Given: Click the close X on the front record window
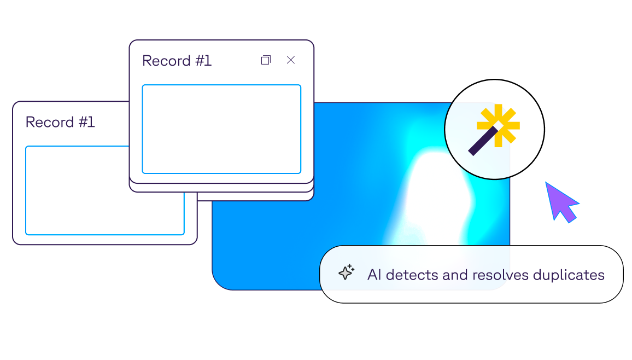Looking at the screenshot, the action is pos(291,60).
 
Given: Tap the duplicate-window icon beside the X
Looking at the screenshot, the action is pos(266,60).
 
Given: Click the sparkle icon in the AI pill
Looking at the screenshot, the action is pos(346,272).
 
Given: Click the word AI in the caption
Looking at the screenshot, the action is pos(374,275).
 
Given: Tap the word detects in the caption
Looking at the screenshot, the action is pos(412,275).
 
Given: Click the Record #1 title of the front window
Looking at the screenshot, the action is pos(177,61).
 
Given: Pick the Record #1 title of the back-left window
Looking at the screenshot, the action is pos(60,122).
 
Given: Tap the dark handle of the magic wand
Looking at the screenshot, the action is pos(480,143).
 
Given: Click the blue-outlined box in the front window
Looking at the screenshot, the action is pos(221,129).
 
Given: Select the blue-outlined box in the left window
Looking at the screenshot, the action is pos(77,190).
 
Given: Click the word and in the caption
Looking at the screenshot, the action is pos(455,275).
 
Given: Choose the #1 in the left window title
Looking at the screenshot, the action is pos(86,122).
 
